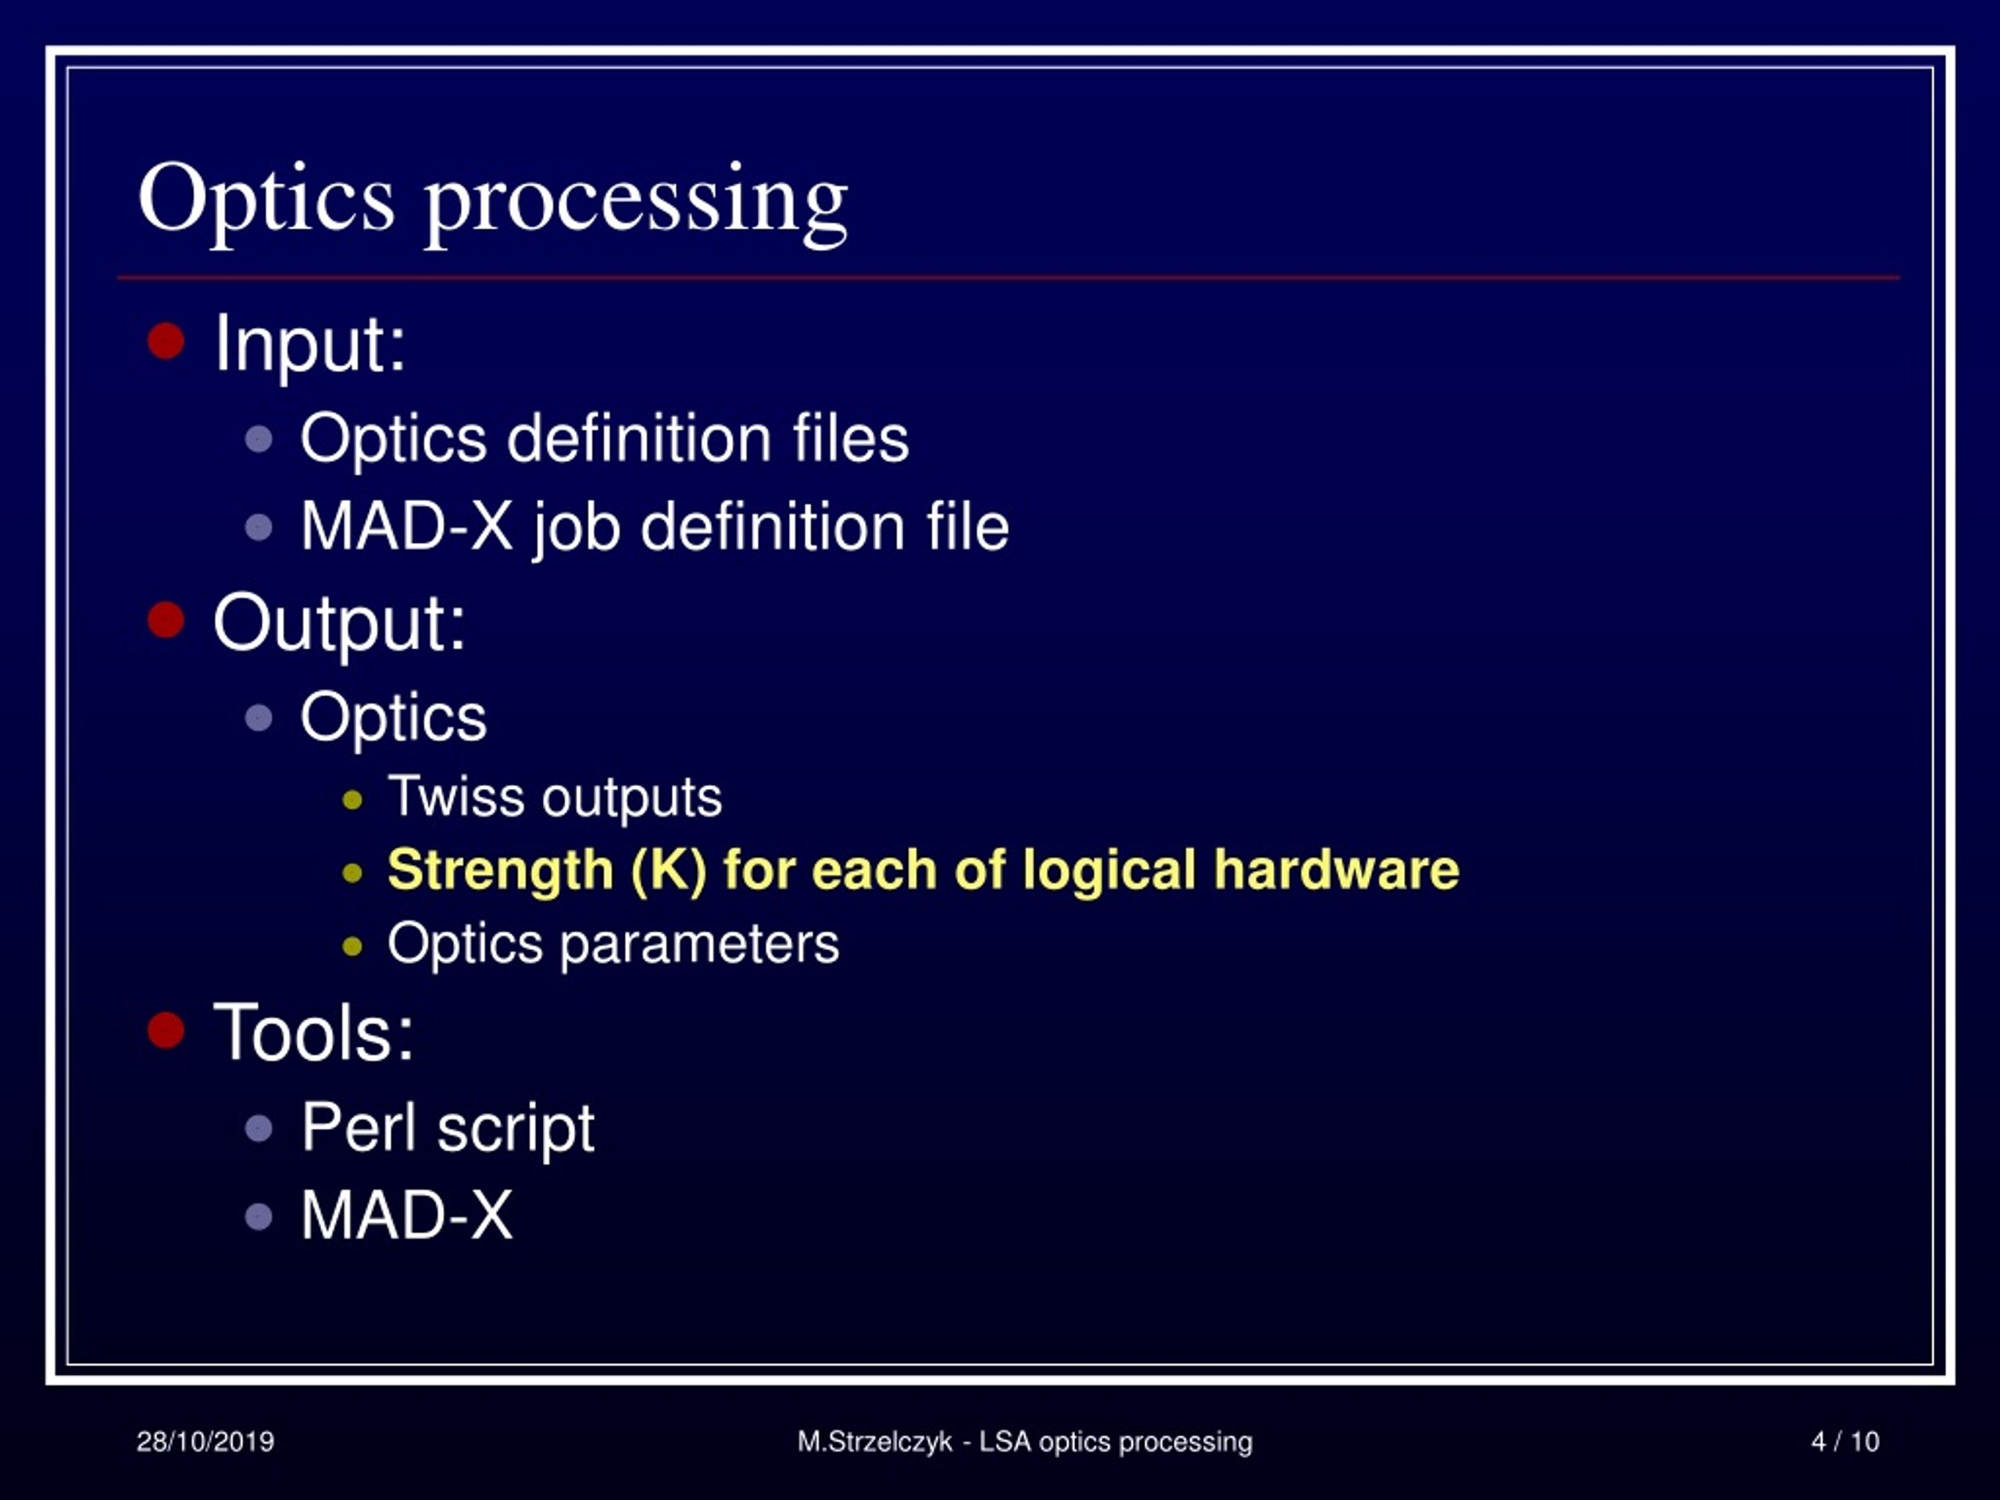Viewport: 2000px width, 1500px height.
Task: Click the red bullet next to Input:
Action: click(166, 341)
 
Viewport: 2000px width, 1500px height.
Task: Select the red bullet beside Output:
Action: click(166, 620)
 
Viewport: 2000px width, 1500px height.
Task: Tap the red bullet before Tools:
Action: click(166, 1030)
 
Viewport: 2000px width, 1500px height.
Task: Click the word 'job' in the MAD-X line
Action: click(575, 527)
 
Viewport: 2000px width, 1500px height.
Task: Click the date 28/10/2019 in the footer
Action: click(205, 1441)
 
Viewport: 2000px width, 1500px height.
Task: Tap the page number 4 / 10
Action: click(1845, 1441)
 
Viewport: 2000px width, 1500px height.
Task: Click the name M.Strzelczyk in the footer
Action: click(874, 1441)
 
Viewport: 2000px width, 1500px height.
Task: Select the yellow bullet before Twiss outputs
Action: click(352, 800)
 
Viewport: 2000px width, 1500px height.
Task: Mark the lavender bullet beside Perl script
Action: click(259, 1128)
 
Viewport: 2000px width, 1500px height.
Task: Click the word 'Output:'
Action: click(339, 624)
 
